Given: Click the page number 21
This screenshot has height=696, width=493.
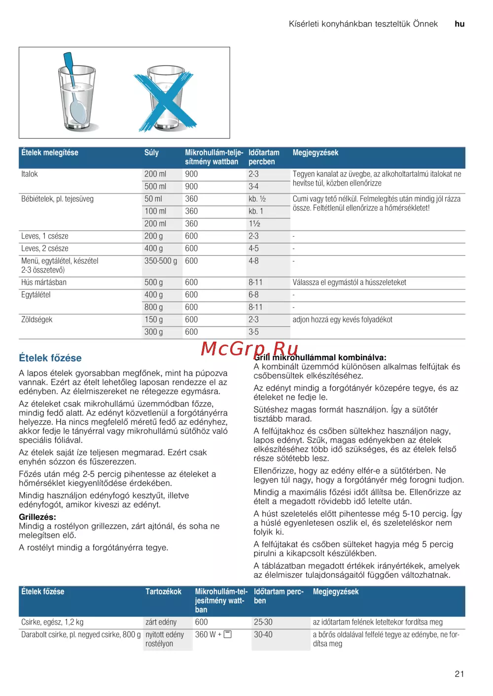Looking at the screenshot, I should click(x=459, y=674).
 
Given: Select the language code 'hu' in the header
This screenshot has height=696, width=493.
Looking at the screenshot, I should click(x=459, y=24).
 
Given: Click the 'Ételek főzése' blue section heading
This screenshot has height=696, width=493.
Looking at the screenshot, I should click(x=50, y=358).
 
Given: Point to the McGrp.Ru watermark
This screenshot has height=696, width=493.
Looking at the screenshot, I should click(x=249, y=348).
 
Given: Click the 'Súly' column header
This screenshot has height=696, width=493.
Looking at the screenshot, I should click(x=151, y=153).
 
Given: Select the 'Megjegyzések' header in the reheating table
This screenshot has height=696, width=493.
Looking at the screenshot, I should click(x=316, y=153).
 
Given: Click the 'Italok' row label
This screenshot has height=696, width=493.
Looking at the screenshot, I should click(x=30, y=174).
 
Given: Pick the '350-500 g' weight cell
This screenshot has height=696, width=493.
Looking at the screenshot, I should click(x=160, y=261).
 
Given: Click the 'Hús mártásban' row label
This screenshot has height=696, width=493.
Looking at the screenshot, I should click(x=44, y=283).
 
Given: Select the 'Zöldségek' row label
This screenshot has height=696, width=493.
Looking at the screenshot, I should click(x=36, y=319).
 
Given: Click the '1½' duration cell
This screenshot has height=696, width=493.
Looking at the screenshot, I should click(x=254, y=223).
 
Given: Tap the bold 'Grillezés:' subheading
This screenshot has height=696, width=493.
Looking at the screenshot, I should click(x=37, y=517).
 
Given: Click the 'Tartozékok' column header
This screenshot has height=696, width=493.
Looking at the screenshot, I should click(x=163, y=592).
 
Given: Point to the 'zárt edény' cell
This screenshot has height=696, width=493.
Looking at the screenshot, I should click(x=161, y=622).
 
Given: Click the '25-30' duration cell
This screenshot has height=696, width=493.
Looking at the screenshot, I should click(x=263, y=622).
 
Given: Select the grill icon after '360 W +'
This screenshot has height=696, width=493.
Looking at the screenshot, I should click(x=228, y=634).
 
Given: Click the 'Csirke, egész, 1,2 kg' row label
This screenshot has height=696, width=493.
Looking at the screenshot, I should click(x=52, y=622).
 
